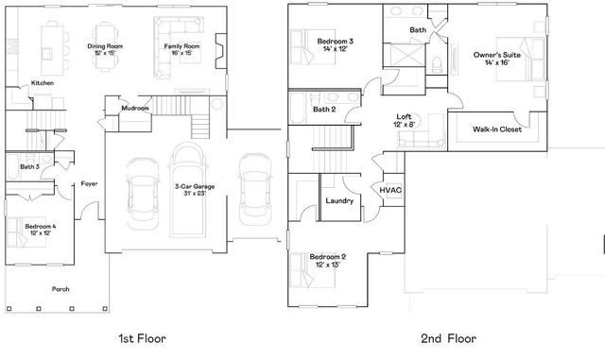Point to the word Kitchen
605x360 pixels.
pos(42,83)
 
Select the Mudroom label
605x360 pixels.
pos(135,109)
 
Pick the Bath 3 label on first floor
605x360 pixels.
pos(30,167)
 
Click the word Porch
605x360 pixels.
pos(60,288)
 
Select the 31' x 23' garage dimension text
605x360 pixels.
pos(195,193)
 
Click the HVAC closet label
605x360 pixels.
pos(391,190)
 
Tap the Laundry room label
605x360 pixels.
pos(339,201)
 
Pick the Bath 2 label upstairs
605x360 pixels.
pos(324,110)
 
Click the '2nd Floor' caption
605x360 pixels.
pos(449,336)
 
